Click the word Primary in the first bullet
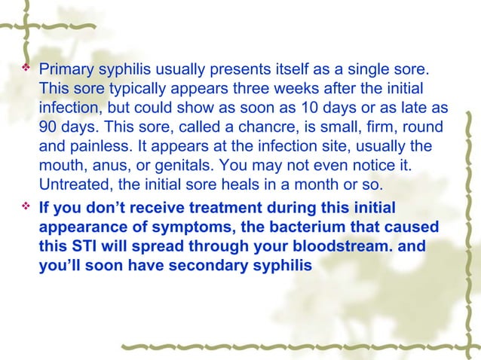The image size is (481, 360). [x=65, y=70]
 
